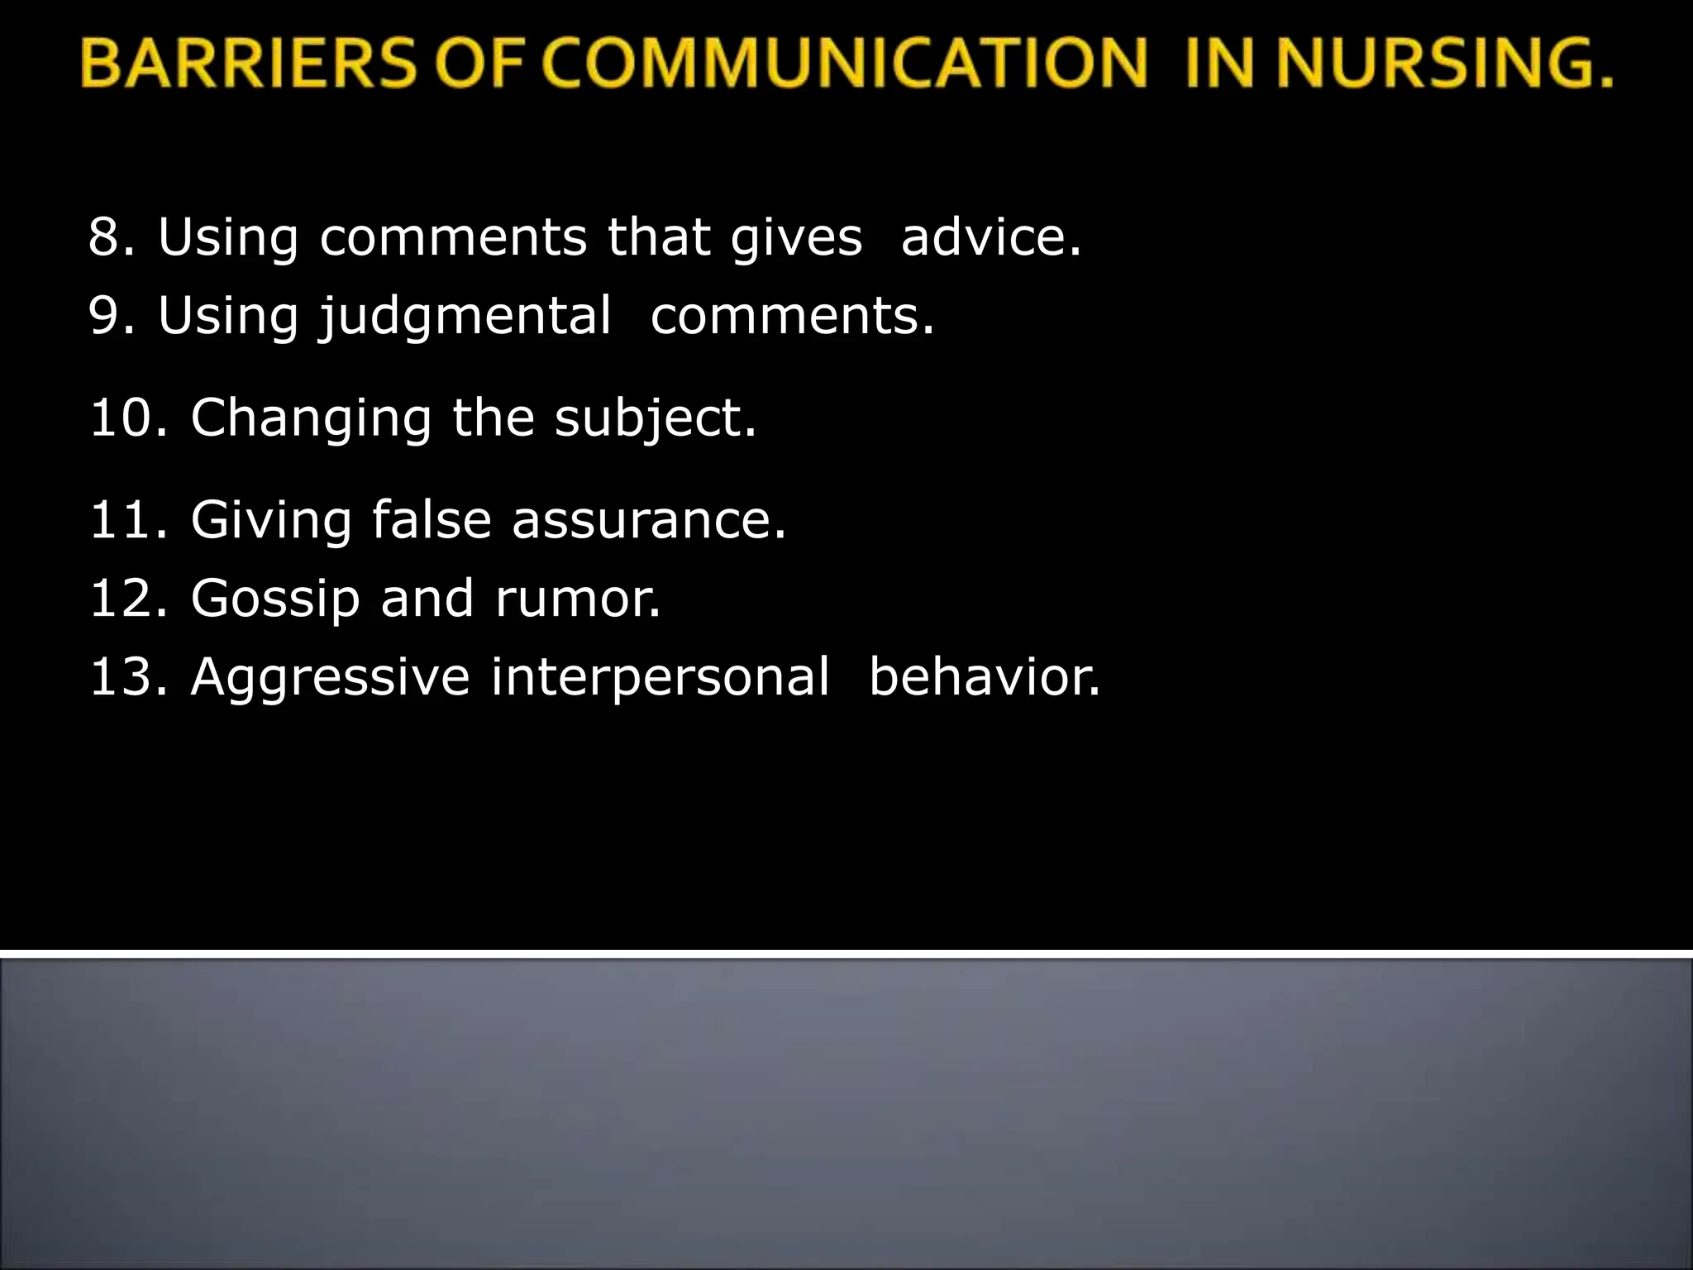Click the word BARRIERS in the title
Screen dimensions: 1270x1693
click(x=248, y=64)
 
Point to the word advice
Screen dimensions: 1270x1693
click(x=990, y=237)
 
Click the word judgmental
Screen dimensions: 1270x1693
click(x=466, y=317)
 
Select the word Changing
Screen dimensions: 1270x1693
click(x=311, y=418)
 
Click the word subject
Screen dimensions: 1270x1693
click(x=655, y=418)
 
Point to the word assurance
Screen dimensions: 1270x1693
click(x=649, y=520)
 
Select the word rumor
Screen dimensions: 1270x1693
click(x=578, y=599)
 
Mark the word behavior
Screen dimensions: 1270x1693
click(x=985, y=676)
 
